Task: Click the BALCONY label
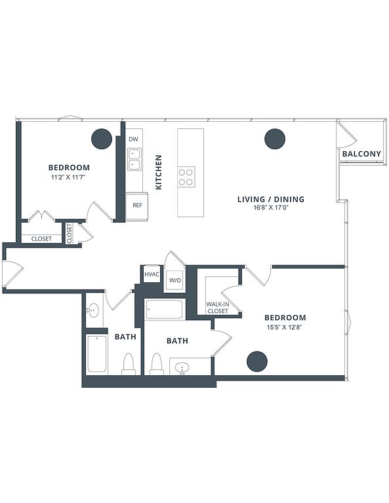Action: (361, 154)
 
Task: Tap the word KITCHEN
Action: (159, 172)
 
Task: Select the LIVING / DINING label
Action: (271, 199)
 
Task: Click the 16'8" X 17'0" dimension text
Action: (271, 208)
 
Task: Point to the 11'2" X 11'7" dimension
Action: (69, 176)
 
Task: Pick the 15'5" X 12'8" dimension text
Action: (285, 327)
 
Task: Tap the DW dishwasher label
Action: (133, 140)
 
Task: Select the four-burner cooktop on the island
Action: (186, 177)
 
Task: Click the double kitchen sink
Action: (134, 159)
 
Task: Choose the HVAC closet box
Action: (152, 274)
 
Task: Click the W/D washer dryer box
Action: (175, 280)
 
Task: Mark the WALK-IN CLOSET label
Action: (218, 307)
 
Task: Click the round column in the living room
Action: (275, 139)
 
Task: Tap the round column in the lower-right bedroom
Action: (257, 362)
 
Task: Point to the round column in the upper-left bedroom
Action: (102, 139)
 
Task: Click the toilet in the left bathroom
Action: (129, 364)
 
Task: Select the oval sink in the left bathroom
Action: (93, 310)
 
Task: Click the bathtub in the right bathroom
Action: (165, 309)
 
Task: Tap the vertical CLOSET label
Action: (70, 234)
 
